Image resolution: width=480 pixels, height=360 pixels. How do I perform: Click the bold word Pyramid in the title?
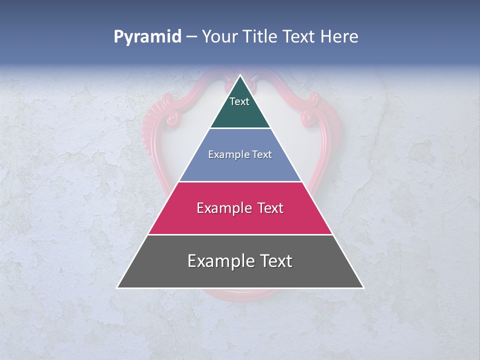point(147,37)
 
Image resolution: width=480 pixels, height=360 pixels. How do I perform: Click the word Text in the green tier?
point(239,101)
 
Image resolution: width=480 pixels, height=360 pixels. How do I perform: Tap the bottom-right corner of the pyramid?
point(363,287)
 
